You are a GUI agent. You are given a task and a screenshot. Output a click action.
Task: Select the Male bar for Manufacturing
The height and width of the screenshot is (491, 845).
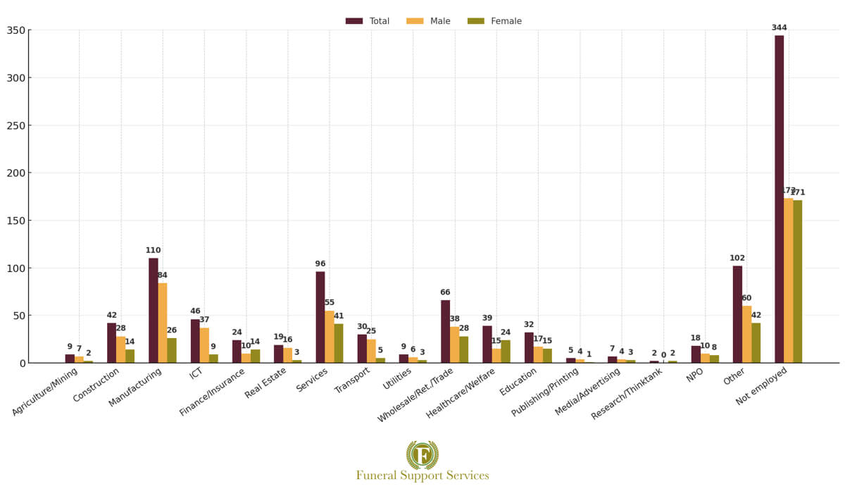click(163, 323)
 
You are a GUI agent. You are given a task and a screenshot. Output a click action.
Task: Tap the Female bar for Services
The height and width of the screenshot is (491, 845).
click(339, 343)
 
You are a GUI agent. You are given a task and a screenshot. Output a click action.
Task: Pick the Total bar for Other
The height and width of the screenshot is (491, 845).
click(737, 314)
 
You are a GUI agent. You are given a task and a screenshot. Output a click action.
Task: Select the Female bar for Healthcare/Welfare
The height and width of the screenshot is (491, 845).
click(506, 352)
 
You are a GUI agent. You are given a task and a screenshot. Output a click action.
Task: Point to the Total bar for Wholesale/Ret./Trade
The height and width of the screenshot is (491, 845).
click(445, 332)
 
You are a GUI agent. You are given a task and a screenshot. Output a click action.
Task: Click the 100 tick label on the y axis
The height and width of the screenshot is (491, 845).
click(15, 268)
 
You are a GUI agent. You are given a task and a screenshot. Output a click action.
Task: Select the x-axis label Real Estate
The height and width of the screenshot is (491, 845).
click(266, 383)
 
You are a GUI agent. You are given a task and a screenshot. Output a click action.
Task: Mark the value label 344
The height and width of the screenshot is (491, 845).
click(779, 28)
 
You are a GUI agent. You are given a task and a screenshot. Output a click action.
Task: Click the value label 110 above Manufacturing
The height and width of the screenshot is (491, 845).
click(154, 250)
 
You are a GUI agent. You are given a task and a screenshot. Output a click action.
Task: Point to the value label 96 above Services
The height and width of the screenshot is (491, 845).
click(320, 264)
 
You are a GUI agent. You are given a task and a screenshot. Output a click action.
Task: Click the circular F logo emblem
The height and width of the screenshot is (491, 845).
click(423, 455)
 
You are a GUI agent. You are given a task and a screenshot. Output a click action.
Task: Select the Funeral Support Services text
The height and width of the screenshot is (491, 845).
click(423, 476)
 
